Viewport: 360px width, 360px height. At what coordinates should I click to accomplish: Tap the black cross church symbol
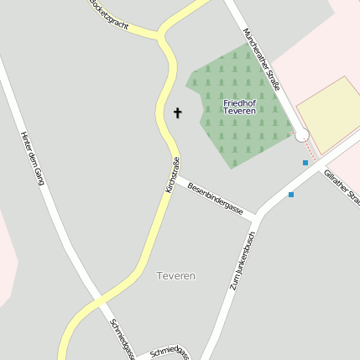[177, 112]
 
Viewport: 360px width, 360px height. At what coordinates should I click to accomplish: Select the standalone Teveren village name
[176, 275]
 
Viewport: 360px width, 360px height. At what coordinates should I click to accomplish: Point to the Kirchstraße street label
[173, 176]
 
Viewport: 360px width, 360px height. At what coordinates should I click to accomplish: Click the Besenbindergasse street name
[215, 198]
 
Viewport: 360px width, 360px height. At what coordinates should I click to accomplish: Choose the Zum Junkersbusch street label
[242, 260]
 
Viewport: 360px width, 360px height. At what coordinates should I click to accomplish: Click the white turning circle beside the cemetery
[301, 135]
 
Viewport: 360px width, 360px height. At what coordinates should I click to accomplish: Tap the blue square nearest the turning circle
[305, 162]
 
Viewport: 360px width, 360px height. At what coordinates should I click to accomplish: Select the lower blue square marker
[291, 195]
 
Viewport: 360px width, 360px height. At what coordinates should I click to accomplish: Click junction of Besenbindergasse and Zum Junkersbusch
[256, 216]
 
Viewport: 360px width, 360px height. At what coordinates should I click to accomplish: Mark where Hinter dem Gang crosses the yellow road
[98, 300]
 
